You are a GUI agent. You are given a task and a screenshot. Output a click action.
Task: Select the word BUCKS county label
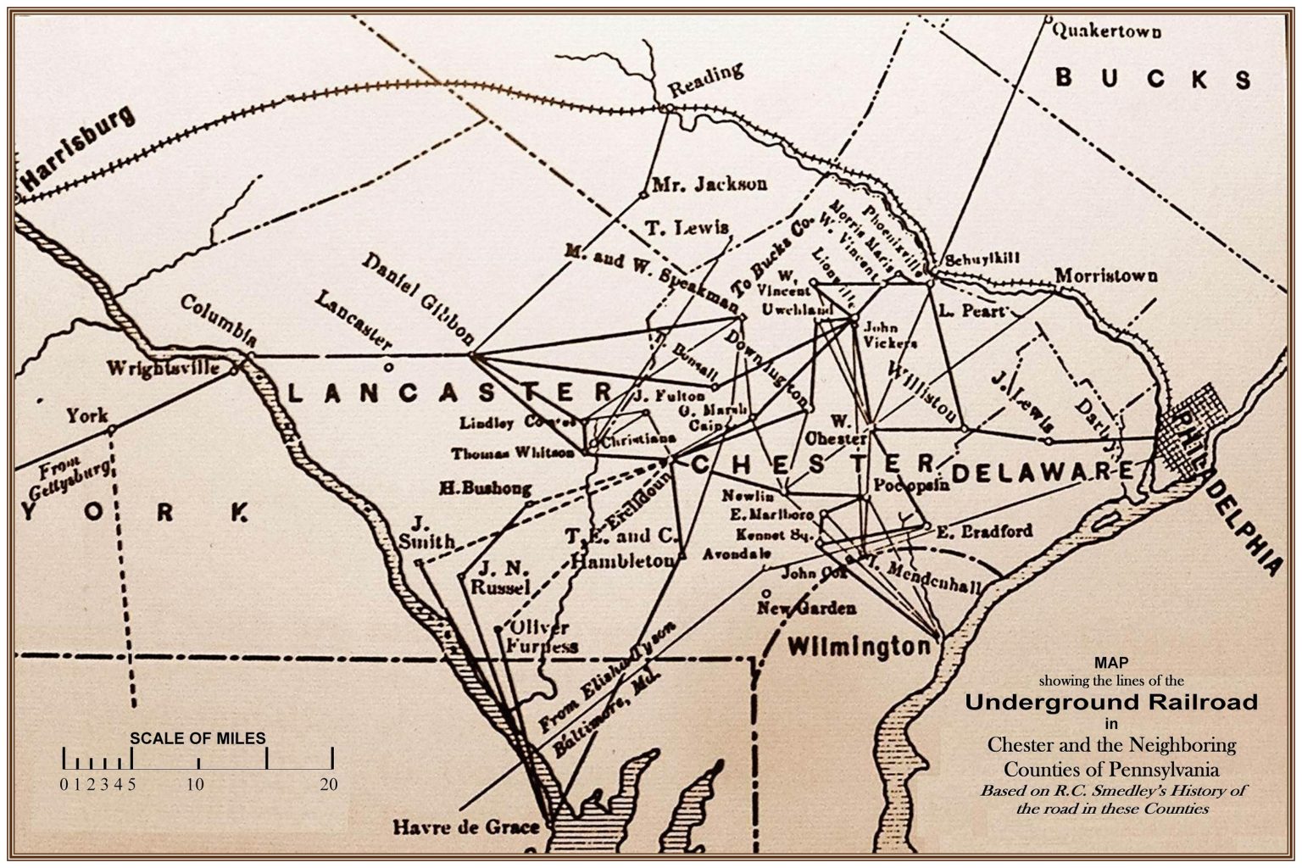[1153, 79]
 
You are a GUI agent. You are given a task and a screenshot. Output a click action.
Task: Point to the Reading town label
[705, 79]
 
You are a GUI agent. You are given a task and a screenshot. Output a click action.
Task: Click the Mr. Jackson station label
[709, 184]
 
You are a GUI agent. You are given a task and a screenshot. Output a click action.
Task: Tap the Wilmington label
[858, 648]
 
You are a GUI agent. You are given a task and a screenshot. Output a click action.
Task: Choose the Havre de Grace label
[466, 826]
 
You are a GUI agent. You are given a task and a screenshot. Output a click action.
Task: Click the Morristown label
[1105, 276]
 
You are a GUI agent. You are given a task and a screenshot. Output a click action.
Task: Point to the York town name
[87, 415]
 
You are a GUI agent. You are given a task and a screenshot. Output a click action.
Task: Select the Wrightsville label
[163, 369]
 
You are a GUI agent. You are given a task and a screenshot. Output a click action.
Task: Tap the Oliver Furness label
[542, 637]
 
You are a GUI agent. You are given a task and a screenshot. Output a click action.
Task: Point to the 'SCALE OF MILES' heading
[198, 738]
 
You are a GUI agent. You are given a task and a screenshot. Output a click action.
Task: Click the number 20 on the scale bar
[329, 784]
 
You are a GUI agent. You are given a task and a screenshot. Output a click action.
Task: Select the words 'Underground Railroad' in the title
[1111, 702]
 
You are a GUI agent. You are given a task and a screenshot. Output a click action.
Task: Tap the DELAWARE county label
[1042, 471]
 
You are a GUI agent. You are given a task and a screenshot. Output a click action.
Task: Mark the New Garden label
[806, 608]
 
